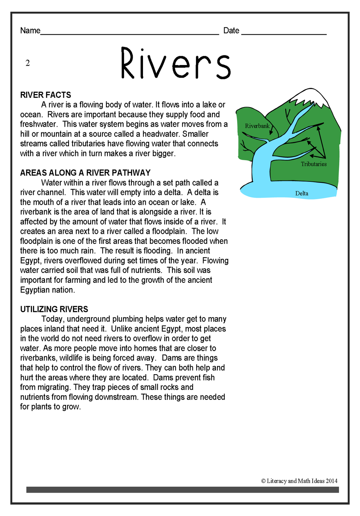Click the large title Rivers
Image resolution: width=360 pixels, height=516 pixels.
coord(176,63)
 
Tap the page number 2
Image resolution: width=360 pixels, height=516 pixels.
coord(28,63)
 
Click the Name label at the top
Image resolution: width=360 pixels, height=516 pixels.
coord(30,31)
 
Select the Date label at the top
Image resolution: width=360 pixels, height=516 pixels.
coord(231,31)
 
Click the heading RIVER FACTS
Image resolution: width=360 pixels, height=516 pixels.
coord(46,95)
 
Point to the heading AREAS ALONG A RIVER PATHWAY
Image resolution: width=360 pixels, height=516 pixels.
coord(85,173)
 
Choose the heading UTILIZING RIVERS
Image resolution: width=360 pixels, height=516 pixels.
coord(54,309)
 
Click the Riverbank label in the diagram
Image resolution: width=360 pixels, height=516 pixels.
coord(257,126)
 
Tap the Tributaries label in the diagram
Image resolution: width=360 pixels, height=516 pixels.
coord(314,164)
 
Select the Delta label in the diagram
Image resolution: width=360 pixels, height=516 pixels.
coord(302,193)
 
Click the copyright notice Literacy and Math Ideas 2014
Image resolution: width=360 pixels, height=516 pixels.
coord(299,481)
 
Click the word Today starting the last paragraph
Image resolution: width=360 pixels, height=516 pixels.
coord(52,319)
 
